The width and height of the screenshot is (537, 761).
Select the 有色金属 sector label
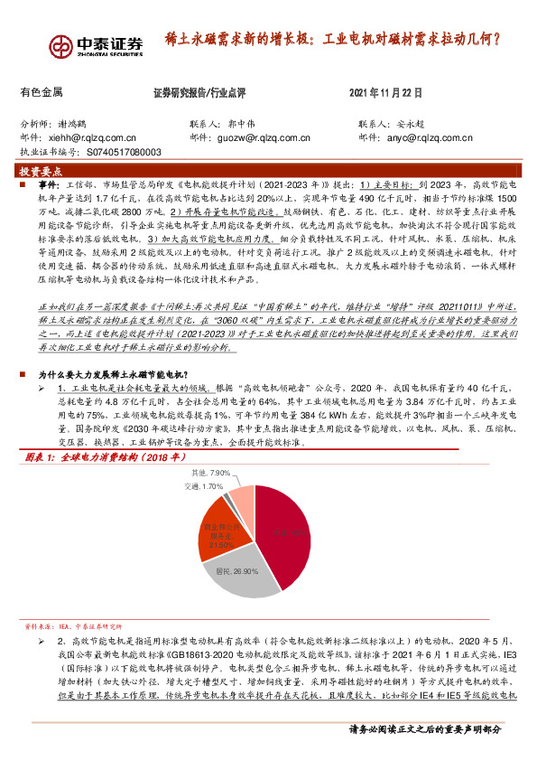pyautogui.click(x=41, y=92)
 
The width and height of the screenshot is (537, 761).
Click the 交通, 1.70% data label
pyautogui.click(x=202, y=486)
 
